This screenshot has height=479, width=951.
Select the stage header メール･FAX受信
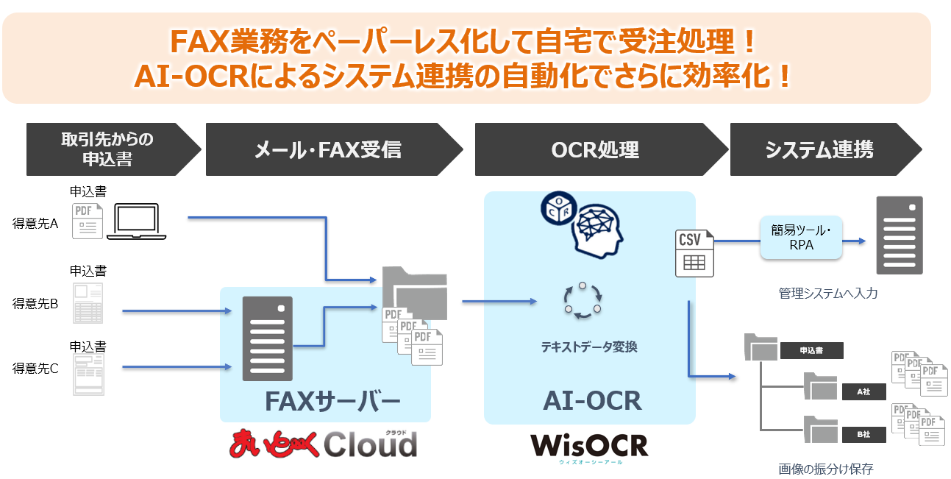pyautogui.click(x=327, y=150)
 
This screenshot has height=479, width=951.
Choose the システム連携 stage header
pyautogui.click(x=819, y=150)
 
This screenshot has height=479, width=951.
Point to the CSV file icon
pyautogui.click(x=694, y=253)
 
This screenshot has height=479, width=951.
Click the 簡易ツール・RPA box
pyautogui.click(x=801, y=238)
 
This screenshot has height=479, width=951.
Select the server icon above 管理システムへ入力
pyautogui.click(x=899, y=235)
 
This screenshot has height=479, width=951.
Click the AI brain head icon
pyautogui.click(x=594, y=230)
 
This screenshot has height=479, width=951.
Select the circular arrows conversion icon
pyautogui.click(x=583, y=301)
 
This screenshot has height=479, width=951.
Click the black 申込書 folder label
pyautogui.click(x=811, y=351)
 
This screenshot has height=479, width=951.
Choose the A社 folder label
pyautogui.click(x=863, y=392)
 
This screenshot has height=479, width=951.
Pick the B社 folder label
pyautogui.click(x=863, y=435)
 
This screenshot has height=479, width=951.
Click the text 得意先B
pyautogui.click(x=35, y=303)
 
